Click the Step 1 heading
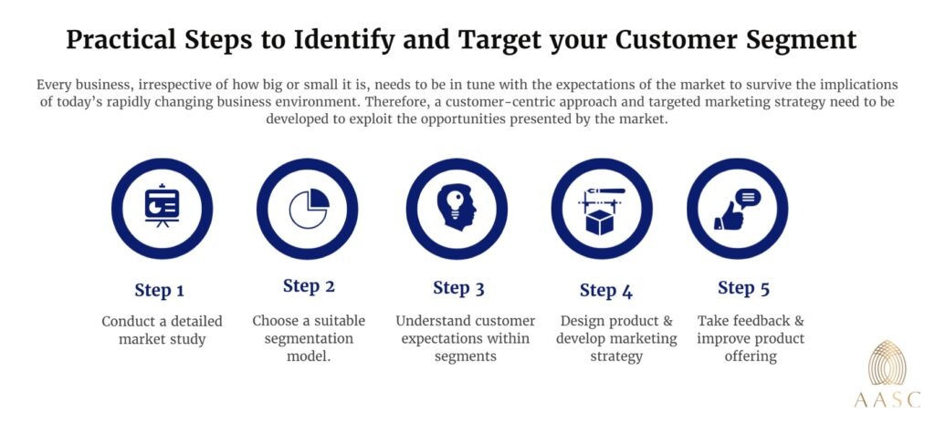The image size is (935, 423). [x=160, y=291]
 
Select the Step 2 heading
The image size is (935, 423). [x=309, y=285]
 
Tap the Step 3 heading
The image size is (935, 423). [x=458, y=288]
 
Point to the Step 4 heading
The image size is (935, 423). [x=605, y=291]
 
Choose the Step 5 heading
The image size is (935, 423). [x=743, y=288]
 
